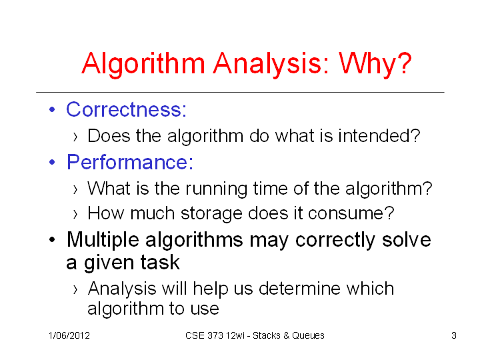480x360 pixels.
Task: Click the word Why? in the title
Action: click(375, 64)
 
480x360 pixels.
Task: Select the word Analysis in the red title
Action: click(271, 64)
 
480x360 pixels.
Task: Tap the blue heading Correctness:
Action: click(126, 109)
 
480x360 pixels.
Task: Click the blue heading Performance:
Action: click(130, 161)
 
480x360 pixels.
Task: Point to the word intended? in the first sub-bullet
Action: click(379, 135)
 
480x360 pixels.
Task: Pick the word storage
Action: click(211, 214)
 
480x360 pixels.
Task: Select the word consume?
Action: click(351, 213)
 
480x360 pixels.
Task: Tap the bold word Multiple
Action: click(103, 240)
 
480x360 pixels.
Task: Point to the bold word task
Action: click(160, 263)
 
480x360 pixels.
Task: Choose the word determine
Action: click(299, 289)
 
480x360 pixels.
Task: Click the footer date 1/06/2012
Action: click(69, 335)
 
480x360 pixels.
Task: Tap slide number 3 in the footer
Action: click(454, 335)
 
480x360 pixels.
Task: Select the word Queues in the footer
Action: click(308, 335)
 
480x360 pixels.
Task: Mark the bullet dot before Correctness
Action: click(52, 109)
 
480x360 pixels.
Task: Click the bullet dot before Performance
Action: click(52, 162)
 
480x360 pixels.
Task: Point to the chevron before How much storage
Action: click(75, 214)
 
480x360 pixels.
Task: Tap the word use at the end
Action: click(205, 309)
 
